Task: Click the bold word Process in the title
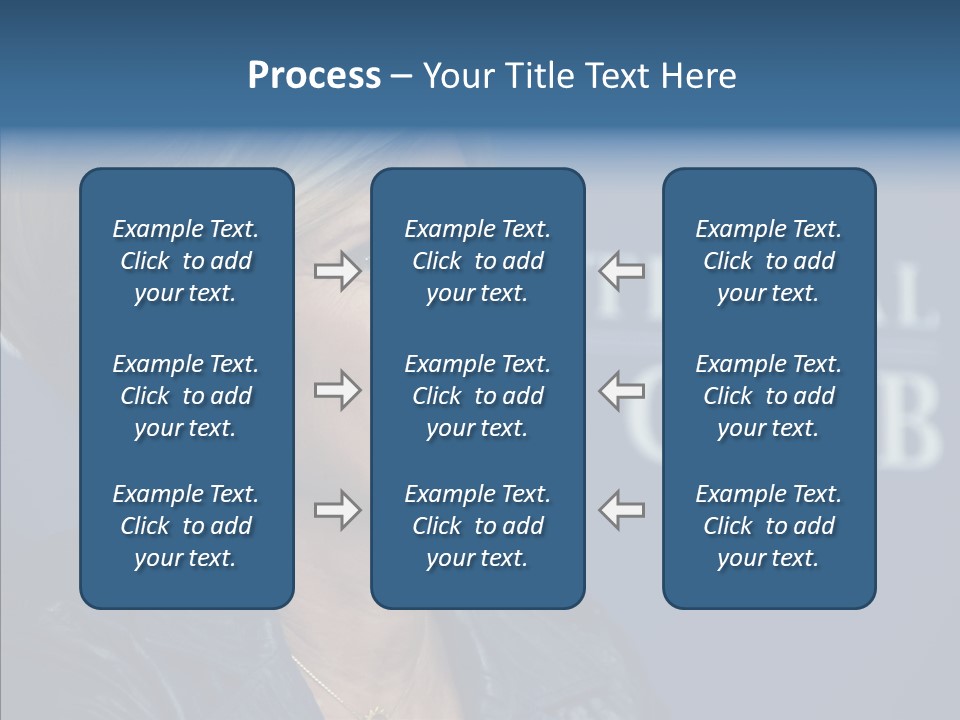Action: [314, 76]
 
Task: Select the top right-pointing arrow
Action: [337, 271]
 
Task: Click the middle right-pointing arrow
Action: [337, 390]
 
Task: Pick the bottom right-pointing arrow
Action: [337, 510]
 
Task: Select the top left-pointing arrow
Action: [622, 271]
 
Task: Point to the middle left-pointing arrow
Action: [622, 390]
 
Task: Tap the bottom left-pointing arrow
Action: [622, 510]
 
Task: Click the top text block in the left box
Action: [186, 261]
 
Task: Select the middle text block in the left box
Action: [186, 396]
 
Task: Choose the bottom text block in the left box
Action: [186, 526]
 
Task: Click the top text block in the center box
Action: [477, 261]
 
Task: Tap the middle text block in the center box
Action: [477, 396]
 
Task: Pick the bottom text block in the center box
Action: [477, 526]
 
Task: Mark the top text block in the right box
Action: [768, 261]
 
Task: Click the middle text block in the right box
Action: [768, 396]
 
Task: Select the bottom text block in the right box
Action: [768, 526]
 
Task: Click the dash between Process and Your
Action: [402, 77]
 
